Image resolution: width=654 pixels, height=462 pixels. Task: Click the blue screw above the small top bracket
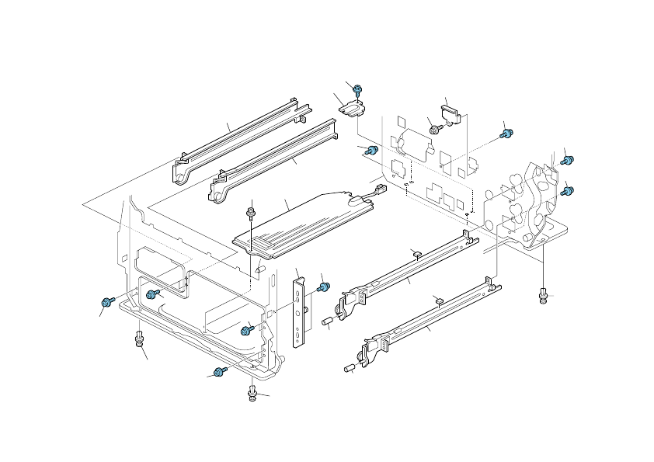[358, 91]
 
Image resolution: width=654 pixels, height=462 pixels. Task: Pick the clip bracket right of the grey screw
[451, 114]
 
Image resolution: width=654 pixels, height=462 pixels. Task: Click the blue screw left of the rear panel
[372, 149]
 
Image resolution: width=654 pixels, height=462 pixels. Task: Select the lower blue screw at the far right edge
[568, 189]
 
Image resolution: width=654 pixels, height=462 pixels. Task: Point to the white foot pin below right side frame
[543, 294]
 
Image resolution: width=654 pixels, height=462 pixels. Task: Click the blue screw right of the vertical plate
[325, 288]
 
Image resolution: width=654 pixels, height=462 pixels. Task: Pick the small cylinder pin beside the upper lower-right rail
[328, 320]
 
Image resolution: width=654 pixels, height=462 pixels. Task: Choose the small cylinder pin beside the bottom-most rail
[350, 367]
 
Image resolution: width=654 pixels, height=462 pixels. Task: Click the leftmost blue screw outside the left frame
[106, 300]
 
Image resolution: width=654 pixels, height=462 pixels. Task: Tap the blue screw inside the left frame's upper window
[152, 294]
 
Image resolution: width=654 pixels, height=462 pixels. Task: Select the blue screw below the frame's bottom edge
[220, 372]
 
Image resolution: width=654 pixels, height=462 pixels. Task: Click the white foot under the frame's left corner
[139, 338]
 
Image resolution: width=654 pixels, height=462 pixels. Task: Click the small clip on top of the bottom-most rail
[439, 300]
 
